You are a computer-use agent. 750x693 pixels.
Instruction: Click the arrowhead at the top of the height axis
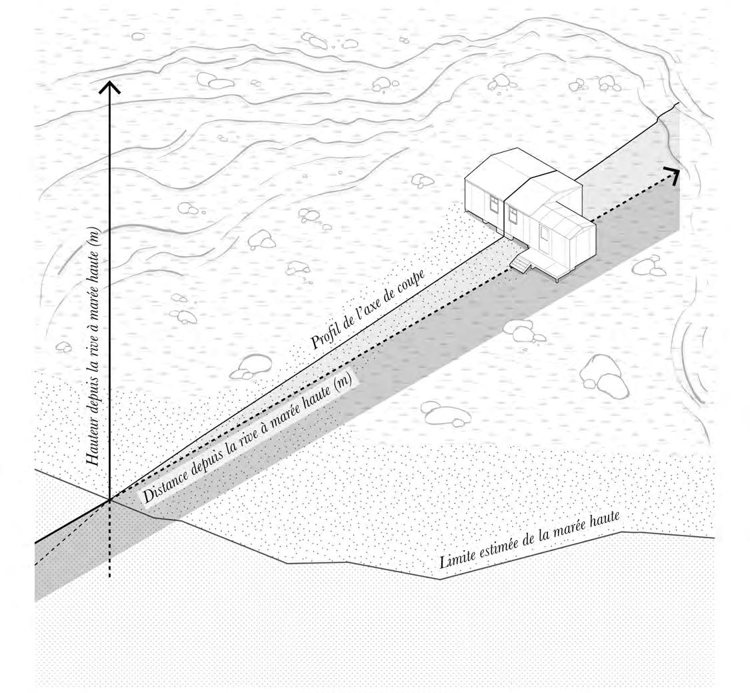point(109,87)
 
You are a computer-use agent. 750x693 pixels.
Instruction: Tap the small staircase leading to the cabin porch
point(520,265)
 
